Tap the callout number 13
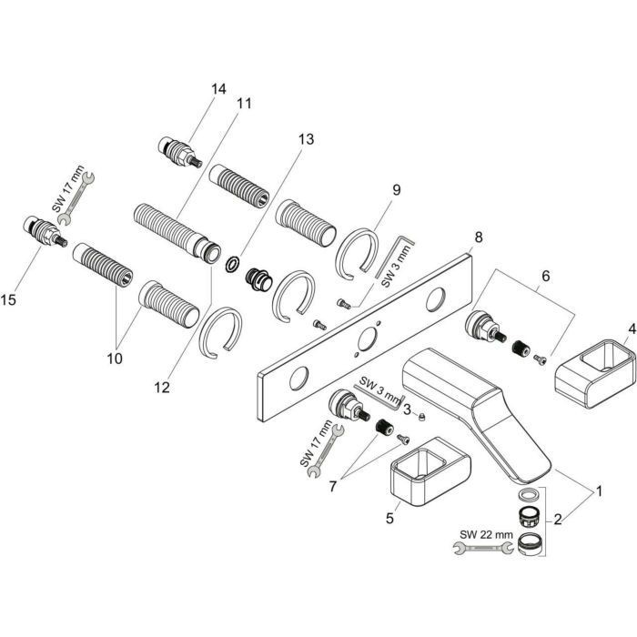304,139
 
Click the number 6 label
546,274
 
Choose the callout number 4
630,328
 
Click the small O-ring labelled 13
234,265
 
